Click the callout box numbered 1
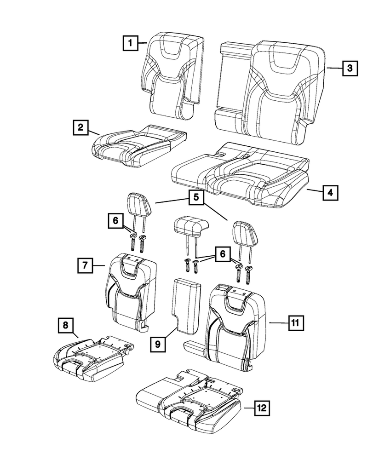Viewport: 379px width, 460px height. [131, 44]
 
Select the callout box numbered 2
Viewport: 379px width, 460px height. [80, 127]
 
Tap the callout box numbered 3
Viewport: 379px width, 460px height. [350, 69]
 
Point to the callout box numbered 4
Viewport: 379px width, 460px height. [330, 192]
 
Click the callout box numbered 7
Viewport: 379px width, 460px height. [86, 265]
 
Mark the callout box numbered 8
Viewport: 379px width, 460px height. [65, 326]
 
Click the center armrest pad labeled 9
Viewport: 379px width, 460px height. [187, 306]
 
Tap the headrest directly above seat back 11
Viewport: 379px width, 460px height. [244, 230]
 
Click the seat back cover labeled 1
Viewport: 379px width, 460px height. [172, 74]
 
